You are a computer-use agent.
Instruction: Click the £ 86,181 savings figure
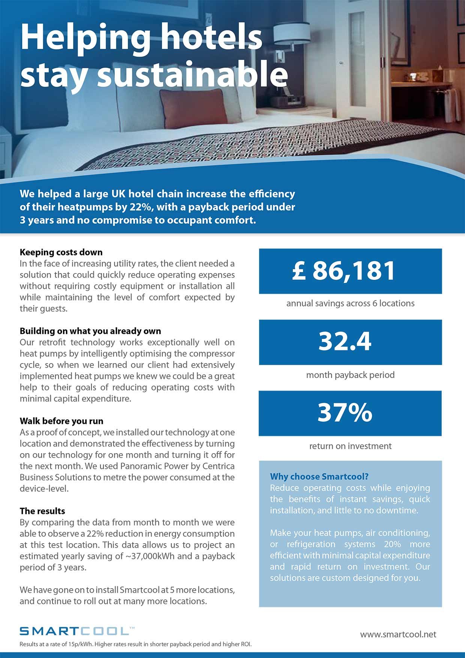[343, 271]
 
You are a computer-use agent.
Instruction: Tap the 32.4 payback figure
[345, 342]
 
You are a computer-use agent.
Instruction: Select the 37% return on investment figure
[345, 413]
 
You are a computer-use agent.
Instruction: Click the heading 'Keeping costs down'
[61, 252]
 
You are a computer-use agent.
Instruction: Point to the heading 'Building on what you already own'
[90, 331]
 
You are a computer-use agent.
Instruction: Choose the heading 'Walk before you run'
[61, 421]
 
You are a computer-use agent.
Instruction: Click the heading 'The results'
[42, 511]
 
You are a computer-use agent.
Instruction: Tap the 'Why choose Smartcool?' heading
[319, 476]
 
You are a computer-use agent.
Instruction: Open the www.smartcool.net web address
[398, 634]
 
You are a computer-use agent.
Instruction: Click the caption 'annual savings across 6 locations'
[350, 303]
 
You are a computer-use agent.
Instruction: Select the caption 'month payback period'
[350, 375]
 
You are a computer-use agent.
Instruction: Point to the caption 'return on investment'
[350, 446]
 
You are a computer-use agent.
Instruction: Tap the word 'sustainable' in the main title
[192, 74]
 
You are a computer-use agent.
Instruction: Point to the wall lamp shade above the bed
[292, 33]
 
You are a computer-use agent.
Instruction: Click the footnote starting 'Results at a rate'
[135, 644]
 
